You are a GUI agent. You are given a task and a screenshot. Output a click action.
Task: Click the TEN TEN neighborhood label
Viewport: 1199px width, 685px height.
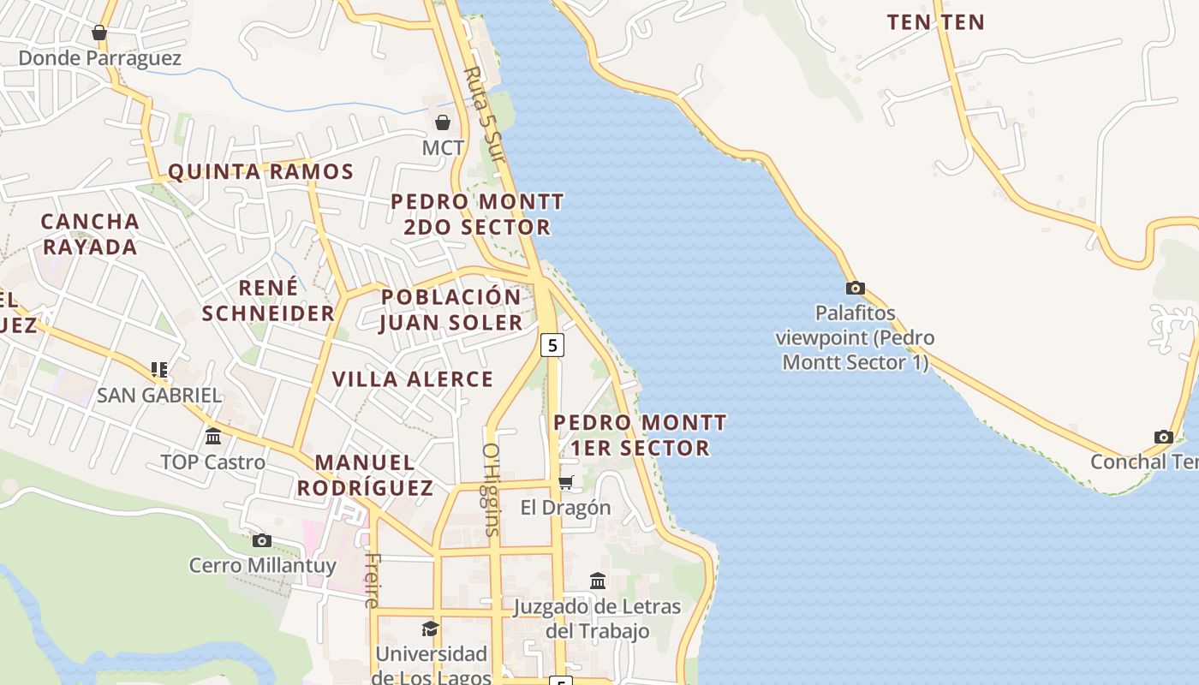[x=935, y=22]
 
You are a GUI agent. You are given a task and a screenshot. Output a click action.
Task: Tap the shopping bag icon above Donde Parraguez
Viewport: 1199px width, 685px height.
[x=99, y=33]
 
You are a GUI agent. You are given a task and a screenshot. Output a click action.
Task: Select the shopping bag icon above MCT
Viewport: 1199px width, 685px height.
[x=443, y=122]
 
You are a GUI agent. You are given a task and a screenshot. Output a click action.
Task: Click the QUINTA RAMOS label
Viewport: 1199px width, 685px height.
[x=260, y=172]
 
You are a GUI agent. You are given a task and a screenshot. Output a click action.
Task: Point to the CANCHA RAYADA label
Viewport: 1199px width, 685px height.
[x=90, y=234]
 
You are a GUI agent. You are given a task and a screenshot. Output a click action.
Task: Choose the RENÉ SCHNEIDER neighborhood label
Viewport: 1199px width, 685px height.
[x=268, y=300]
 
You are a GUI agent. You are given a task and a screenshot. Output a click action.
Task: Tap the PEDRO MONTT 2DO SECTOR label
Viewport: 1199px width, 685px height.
[x=477, y=214]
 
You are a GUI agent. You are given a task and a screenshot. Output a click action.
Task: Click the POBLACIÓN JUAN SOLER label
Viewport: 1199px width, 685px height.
[x=450, y=310]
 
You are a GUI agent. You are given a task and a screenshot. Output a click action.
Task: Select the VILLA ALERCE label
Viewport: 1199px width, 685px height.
[x=413, y=379]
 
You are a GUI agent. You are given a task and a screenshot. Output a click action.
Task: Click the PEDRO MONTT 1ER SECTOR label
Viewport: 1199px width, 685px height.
[x=640, y=435]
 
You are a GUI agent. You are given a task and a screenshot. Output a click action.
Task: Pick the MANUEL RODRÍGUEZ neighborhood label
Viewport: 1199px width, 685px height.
[x=365, y=474]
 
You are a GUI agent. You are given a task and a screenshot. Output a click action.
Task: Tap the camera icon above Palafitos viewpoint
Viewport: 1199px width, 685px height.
[x=855, y=288]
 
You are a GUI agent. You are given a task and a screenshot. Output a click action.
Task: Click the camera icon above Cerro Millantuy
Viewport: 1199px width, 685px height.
[x=262, y=540]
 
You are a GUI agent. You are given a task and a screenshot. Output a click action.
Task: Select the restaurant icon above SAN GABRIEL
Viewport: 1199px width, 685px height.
[x=158, y=370]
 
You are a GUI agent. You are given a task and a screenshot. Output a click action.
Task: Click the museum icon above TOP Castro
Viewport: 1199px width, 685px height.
[x=213, y=437]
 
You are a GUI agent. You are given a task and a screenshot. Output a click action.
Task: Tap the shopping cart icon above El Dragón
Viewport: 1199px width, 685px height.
[x=565, y=482]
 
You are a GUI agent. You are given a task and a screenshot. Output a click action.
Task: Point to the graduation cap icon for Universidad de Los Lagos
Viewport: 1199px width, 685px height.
[x=430, y=629]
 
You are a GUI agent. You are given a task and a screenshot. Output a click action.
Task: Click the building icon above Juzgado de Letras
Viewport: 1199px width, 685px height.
[x=598, y=581]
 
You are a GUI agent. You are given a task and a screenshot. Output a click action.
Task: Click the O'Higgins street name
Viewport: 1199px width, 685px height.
[x=491, y=488]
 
